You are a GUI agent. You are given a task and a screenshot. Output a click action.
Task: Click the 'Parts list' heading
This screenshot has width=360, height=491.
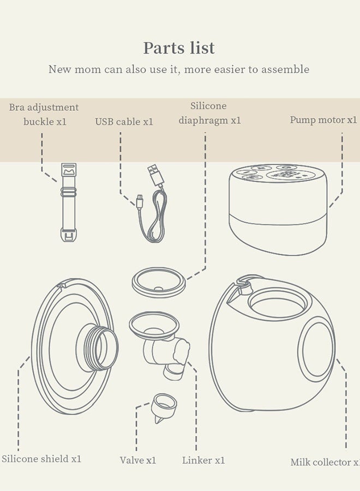tap(179, 48)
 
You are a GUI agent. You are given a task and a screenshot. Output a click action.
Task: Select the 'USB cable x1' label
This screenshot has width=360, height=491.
tap(124, 122)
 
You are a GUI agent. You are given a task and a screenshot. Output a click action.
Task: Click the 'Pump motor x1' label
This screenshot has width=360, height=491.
tap(323, 120)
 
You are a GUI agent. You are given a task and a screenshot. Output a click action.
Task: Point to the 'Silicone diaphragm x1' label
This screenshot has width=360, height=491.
tap(209, 113)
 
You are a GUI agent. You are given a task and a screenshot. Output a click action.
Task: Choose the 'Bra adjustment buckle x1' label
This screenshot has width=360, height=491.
tap(44, 115)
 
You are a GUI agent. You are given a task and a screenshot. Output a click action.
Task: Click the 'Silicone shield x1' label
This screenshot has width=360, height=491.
tap(41, 459)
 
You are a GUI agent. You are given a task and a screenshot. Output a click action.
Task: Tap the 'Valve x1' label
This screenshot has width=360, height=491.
tap(138, 460)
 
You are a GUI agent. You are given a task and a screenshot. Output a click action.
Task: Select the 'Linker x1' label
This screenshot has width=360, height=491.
tap(203, 460)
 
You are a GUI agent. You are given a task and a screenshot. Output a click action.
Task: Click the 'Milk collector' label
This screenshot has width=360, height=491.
tap(325, 462)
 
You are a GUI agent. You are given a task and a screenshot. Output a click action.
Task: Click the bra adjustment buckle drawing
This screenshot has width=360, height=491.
tap(69, 202)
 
